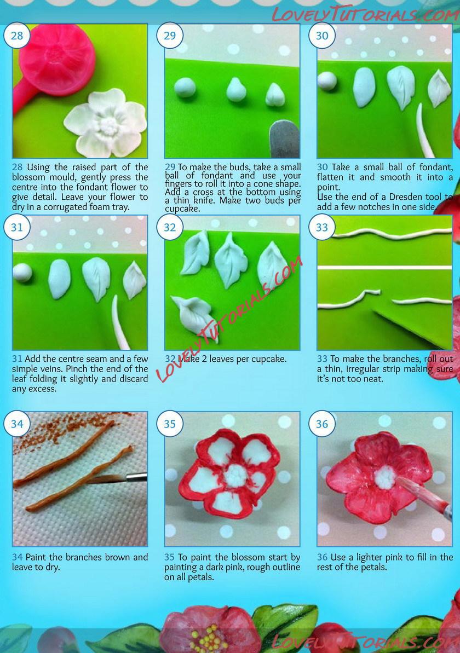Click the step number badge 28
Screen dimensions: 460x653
16,36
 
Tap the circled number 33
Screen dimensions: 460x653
321,227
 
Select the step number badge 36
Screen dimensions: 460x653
321,424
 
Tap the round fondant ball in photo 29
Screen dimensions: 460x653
185,88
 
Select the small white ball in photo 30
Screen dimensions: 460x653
327,81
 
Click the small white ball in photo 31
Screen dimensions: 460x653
22,273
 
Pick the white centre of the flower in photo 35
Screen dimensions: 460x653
236,476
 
